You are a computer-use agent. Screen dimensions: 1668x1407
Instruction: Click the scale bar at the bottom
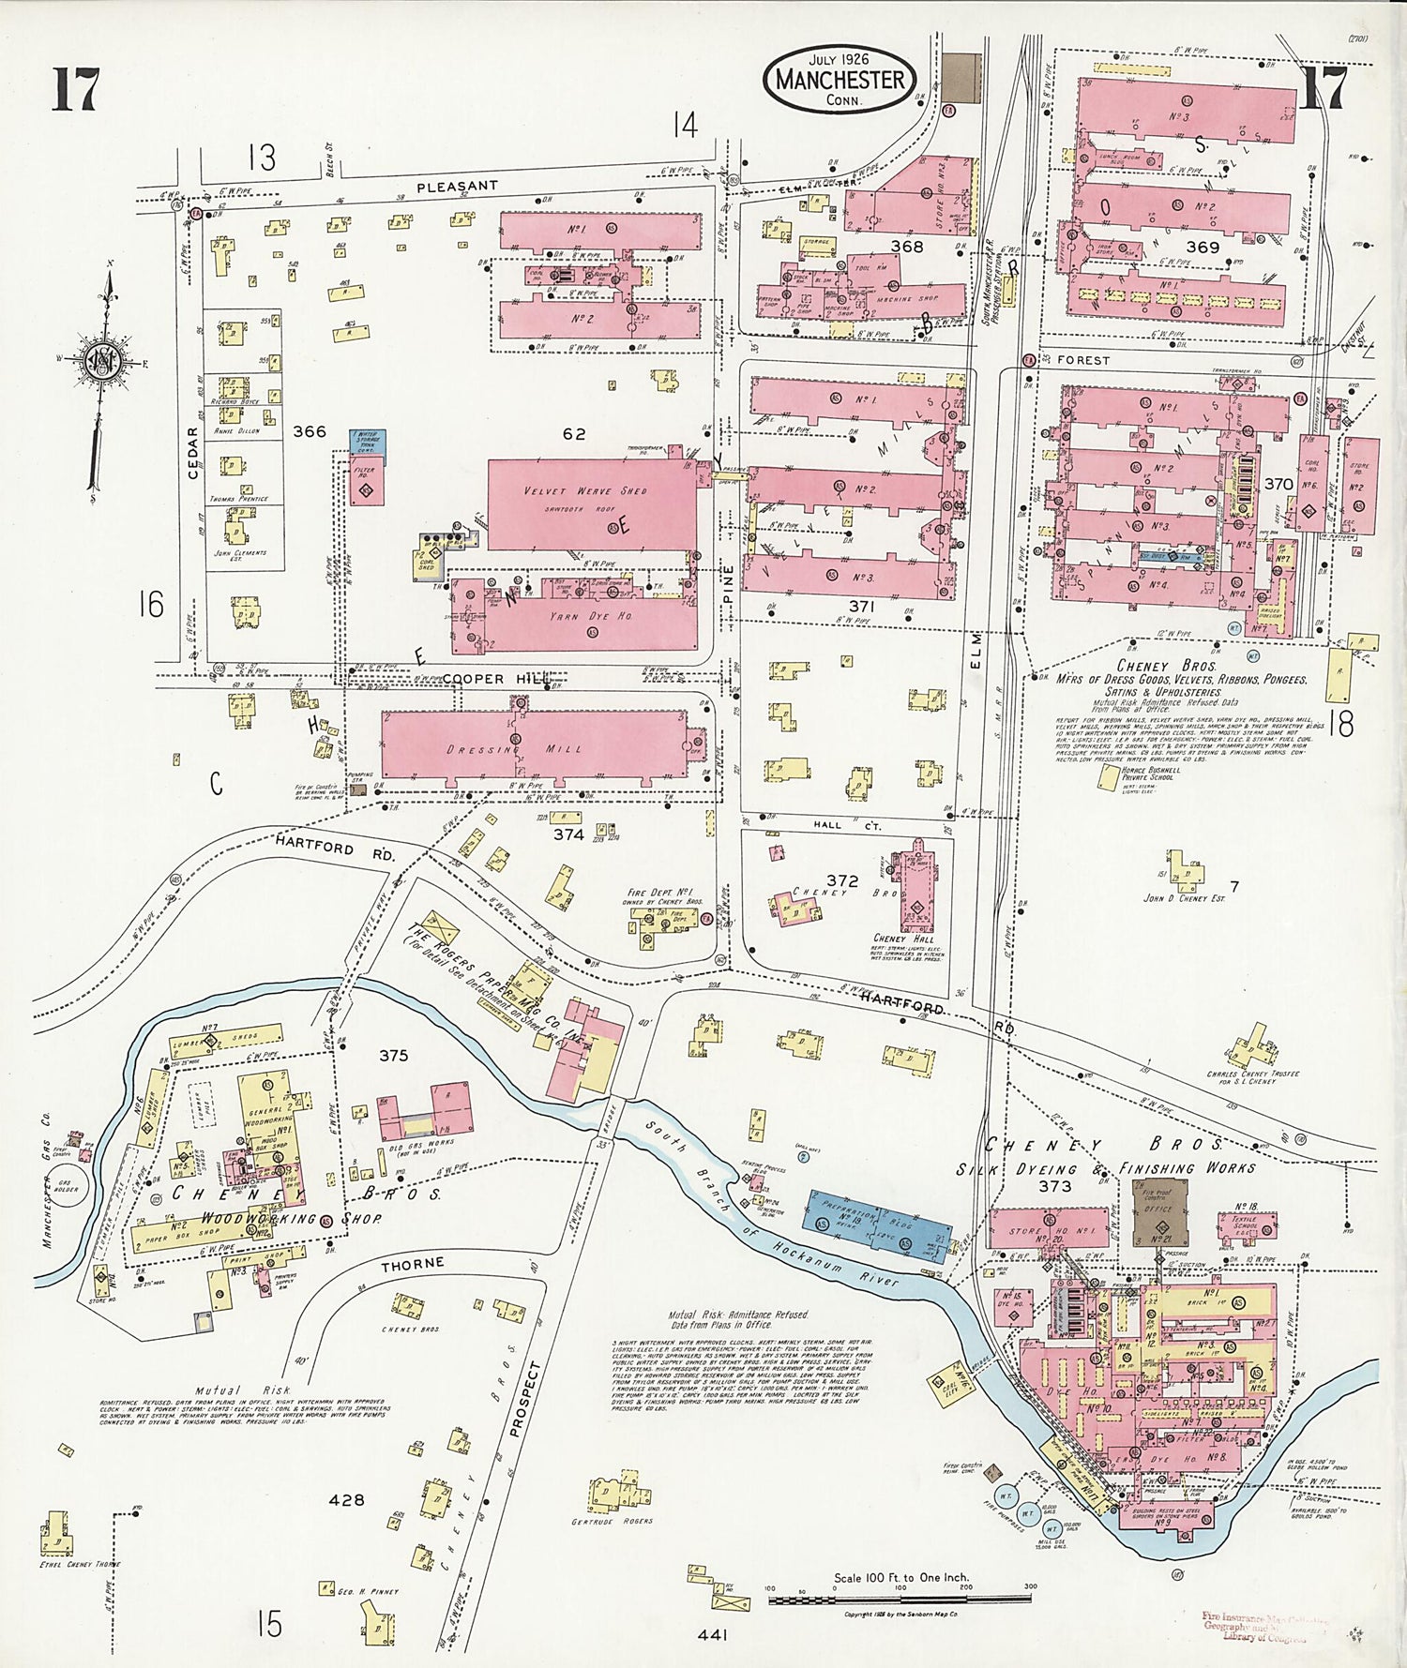click(x=900, y=1596)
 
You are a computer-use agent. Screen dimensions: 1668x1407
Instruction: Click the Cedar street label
click(x=193, y=454)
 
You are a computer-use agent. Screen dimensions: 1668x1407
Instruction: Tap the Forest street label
click(x=1083, y=359)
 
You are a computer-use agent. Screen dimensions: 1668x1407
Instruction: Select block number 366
click(x=310, y=431)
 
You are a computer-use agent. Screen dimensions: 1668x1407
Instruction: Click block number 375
click(x=393, y=1055)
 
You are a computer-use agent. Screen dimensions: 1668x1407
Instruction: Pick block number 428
click(x=346, y=1500)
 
